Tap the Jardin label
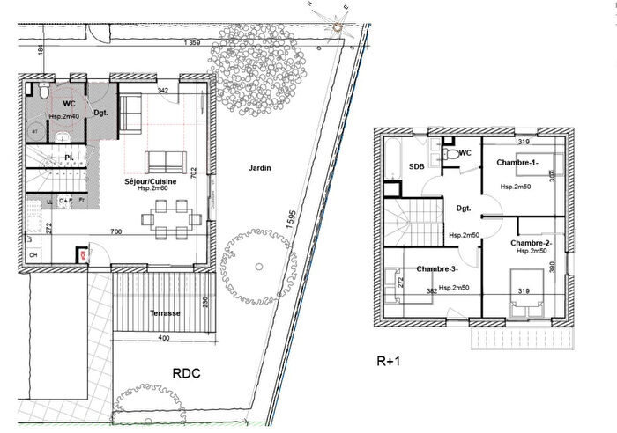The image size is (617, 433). tap(258, 167)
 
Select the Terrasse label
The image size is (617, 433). tap(165, 313)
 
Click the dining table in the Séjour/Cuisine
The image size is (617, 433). tap(168, 217)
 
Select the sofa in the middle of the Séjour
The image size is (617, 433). tap(166, 161)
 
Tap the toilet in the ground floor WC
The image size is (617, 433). tap(42, 92)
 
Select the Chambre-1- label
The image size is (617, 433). tap(517, 163)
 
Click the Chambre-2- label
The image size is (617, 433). tap(531, 242)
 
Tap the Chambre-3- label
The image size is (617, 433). tap(437, 268)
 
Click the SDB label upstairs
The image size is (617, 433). tap(417, 167)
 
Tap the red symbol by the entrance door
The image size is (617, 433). tap(83, 255)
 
